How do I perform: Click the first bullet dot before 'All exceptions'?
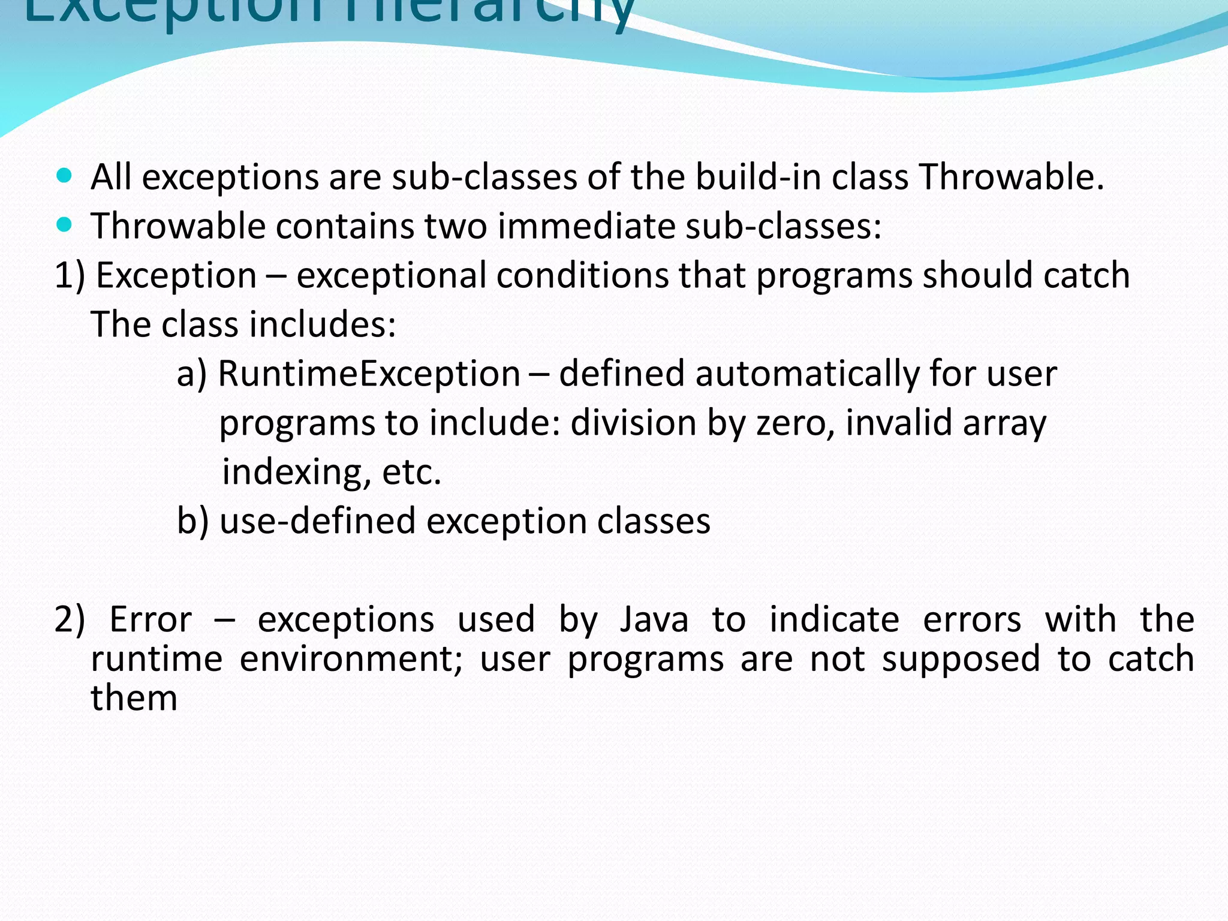coord(64,176)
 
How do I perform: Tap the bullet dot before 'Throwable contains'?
coord(64,225)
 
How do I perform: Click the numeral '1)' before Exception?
coord(70,275)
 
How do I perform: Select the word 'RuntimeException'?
coord(369,374)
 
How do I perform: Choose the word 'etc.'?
coord(411,472)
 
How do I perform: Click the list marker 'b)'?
coord(192,520)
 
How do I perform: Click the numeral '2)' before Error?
coord(70,619)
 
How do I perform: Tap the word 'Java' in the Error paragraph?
coord(654,619)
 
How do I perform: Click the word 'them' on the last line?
coord(134,699)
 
